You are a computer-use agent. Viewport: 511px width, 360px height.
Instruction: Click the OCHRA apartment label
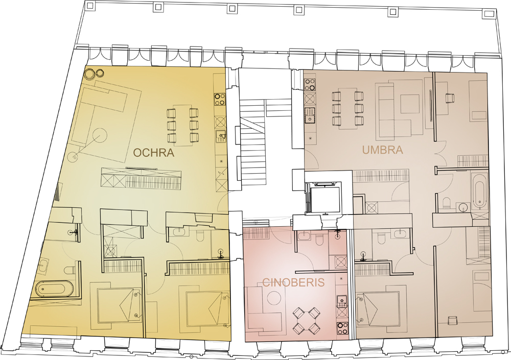pos(153,153)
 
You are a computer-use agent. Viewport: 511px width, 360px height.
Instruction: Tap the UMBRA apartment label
pos(383,150)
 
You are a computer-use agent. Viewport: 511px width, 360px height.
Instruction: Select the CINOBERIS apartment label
pos(294,282)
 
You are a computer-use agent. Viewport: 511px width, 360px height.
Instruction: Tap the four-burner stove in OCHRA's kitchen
pos(220,99)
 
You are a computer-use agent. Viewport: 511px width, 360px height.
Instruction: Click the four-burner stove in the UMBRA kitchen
pos(310,84)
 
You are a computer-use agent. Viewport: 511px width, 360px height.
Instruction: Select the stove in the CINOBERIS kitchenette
pos(342,328)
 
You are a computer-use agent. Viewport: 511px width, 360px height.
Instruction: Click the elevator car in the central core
pos(324,197)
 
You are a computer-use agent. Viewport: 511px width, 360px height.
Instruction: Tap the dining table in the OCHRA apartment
pos(183,125)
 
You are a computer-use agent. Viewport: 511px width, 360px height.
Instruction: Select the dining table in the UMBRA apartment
pos(347,108)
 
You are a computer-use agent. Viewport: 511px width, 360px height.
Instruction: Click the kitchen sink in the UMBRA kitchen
pos(310,115)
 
